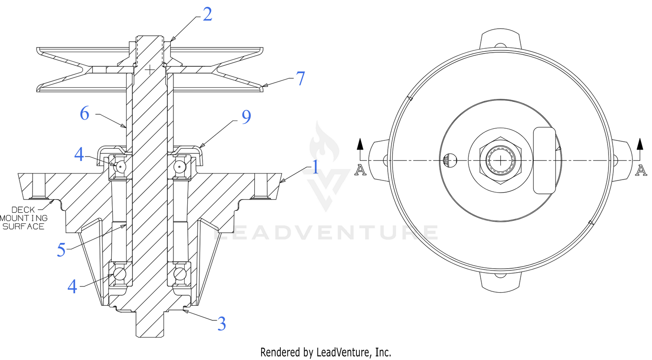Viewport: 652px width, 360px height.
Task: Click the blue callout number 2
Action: tap(207, 14)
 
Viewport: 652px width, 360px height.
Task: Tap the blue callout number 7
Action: tap(300, 78)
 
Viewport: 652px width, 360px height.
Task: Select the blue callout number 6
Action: tap(84, 113)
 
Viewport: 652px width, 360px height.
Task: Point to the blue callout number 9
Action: tap(246, 117)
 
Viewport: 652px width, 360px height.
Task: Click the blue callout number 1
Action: tap(316, 167)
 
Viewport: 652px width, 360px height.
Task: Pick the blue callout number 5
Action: tap(61, 250)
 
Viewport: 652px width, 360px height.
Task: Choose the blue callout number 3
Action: tap(222, 323)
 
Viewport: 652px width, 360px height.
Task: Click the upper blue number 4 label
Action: tap(79, 154)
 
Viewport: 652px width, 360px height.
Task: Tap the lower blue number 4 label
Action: tap(73, 287)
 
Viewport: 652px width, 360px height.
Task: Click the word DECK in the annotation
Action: tap(23, 210)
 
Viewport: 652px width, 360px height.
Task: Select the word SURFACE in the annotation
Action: tap(23, 227)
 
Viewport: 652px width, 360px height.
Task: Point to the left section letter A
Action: tap(360, 170)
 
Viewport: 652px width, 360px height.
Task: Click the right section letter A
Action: tap(641, 170)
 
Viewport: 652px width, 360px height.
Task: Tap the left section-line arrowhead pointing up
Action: tap(360, 144)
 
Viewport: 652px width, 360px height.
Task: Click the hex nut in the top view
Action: tap(500, 160)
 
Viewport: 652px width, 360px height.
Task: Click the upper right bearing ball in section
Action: tap(180, 167)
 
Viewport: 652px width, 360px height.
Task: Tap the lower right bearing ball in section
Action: tap(180, 274)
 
